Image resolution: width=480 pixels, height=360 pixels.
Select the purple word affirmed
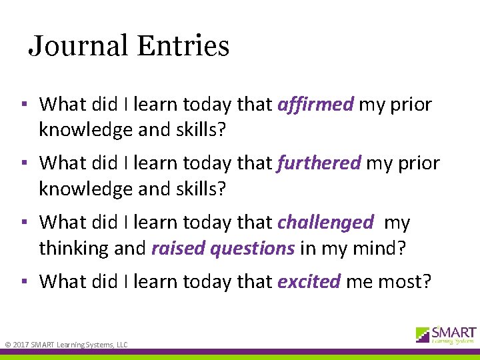(315, 105)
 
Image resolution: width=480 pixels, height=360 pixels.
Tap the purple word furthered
(319, 163)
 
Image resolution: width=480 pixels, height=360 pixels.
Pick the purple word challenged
(325, 222)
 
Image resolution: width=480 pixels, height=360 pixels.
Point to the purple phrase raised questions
(223, 249)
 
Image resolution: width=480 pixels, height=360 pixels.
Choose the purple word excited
(309, 281)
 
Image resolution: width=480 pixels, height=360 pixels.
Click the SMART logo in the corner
(446, 335)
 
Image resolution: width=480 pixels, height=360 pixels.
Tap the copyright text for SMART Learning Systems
(67, 344)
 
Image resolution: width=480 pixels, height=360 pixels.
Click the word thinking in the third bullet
(71, 249)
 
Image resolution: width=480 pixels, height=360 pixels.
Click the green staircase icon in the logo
(423, 334)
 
